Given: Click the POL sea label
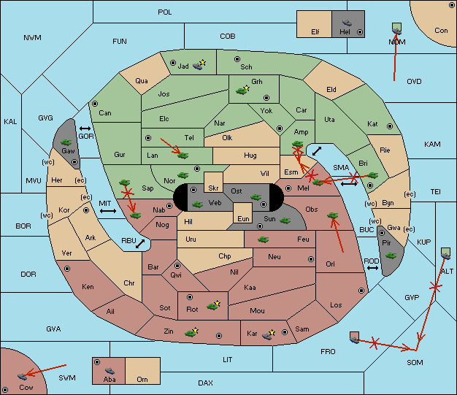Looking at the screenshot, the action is tap(165, 12).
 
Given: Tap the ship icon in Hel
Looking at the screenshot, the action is tap(347, 23).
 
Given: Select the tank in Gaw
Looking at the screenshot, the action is tap(66, 142).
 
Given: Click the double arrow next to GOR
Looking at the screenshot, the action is tap(85, 129).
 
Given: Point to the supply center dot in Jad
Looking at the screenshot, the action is tap(173, 63).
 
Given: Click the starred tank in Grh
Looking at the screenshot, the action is tap(242, 91).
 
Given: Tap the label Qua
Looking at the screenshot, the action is tap(142, 81).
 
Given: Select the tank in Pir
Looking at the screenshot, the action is tap(391, 256).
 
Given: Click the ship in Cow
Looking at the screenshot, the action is tap(22, 376).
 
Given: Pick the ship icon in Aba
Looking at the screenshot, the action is tap(110, 371).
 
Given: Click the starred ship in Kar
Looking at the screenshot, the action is tap(269, 334).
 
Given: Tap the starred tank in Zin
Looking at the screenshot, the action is tap(191, 333).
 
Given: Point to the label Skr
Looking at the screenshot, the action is tap(213, 188).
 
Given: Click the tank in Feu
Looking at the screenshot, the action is tap(264, 239).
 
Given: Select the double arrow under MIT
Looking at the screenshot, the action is tap(108, 211).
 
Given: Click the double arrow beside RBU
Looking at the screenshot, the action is tap(140, 244).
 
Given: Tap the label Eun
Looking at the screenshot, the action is tap(243, 218).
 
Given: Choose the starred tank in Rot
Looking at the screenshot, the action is tap(213, 306).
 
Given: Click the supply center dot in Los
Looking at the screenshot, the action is tap(361, 291).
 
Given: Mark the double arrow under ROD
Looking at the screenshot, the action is tap(372, 268).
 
